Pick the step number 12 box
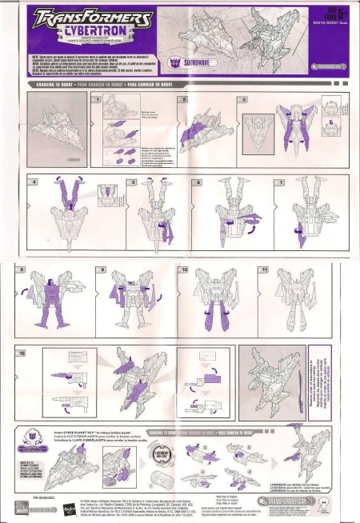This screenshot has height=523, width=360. [33, 352]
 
